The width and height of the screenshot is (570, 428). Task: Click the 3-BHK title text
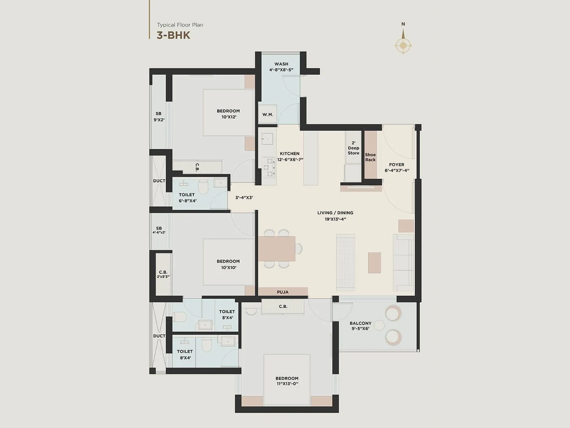(x=173, y=35)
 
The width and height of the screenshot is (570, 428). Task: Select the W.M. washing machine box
(x=268, y=114)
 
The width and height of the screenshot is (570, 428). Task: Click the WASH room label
(x=281, y=64)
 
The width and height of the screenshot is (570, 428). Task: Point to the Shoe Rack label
(x=370, y=157)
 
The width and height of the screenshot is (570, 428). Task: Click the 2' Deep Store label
(x=353, y=148)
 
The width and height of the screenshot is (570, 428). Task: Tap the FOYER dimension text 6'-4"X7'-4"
(x=397, y=170)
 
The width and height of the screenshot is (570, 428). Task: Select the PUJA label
(x=283, y=292)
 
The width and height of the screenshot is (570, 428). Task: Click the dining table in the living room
(x=277, y=249)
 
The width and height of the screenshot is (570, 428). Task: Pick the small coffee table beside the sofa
(x=374, y=263)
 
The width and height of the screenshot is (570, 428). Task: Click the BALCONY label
(x=360, y=323)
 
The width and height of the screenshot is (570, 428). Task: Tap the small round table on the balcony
(x=379, y=325)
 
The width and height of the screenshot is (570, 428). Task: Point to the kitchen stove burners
(x=267, y=167)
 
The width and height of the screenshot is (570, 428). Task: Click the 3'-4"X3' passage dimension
(x=244, y=198)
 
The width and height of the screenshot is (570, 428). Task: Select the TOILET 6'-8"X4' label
(x=187, y=198)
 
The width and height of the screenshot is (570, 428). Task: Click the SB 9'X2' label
(x=159, y=117)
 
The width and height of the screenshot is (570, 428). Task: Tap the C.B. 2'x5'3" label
(x=163, y=274)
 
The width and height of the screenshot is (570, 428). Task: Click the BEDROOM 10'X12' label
(x=228, y=114)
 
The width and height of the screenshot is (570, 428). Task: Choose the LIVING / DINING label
(x=335, y=213)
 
